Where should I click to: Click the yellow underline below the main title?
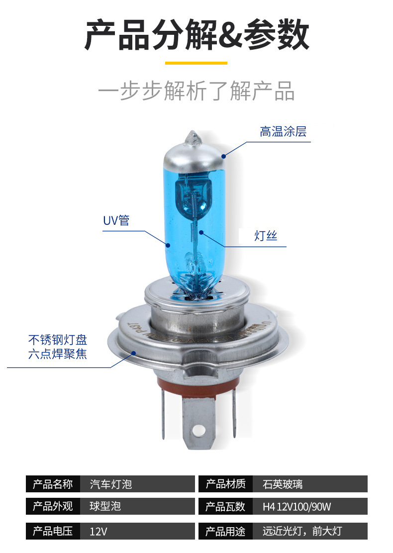(196, 63)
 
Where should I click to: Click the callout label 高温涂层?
(283, 132)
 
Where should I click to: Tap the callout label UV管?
(116, 220)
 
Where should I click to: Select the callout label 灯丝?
(266, 237)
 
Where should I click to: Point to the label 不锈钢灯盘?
(58, 340)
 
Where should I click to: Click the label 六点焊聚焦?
(58, 355)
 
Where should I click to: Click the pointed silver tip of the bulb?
(192, 137)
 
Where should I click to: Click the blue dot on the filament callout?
(201, 232)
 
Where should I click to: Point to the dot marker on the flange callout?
(133, 353)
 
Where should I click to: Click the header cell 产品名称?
(53, 484)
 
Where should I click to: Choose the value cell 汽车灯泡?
(110, 484)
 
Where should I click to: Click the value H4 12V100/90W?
(296, 507)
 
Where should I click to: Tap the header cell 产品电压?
(53, 531)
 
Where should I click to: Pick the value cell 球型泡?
(105, 507)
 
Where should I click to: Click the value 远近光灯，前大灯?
(302, 531)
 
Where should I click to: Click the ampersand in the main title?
(230, 36)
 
